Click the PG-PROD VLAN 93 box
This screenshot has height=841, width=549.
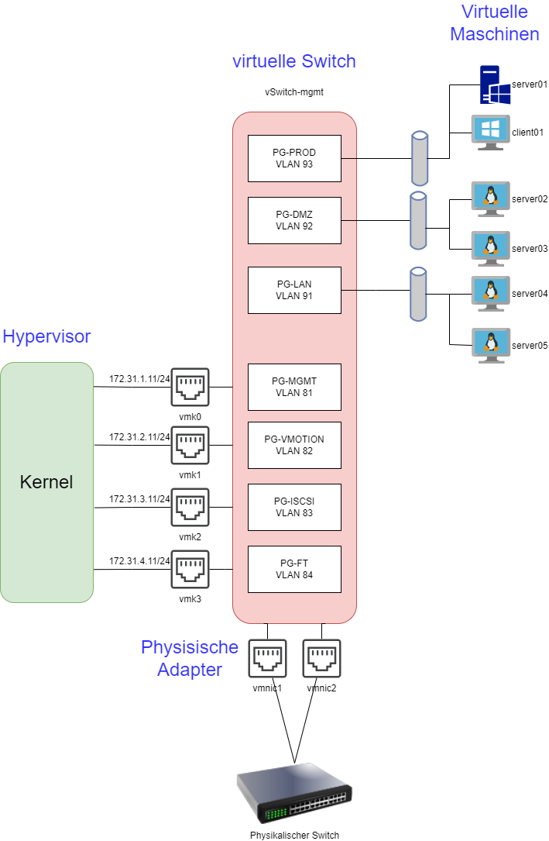pyautogui.click(x=294, y=158)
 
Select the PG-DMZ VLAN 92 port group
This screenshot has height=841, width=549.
pyautogui.click(x=294, y=220)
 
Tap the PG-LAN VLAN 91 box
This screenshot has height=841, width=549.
pyautogui.click(x=294, y=290)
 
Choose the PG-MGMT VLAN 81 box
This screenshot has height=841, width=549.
pyautogui.click(x=294, y=387)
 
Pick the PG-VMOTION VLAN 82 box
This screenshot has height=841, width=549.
pyautogui.click(x=294, y=445)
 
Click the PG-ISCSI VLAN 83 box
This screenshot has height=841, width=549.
pyautogui.click(x=294, y=507)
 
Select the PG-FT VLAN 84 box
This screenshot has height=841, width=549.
pyautogui.click(x=294, y=569)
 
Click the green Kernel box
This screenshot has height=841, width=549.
pyautogui.click(x=46, y=482)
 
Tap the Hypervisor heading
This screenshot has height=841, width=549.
pyautogui.click(x=46, y=336)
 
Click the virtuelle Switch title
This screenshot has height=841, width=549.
pyautogui.click(x=294, y=61)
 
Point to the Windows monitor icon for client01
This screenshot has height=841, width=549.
pyautogui.click(x=491, y=132)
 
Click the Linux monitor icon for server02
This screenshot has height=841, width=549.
pyautogui.click(x=491, y=198)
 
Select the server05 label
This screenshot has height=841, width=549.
pyautogui.click(x=530, y=346)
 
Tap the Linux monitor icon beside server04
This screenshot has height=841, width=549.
pyautogui.click(x=491, y=293)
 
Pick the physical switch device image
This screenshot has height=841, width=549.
pyautogui.click(x=294, y=798)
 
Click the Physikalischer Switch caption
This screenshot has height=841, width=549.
pyautogui.click(x=294, y=836)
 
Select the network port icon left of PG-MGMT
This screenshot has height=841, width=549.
pyautogui.click(x=190, y=387)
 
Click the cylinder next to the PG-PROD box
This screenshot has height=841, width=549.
pyautogui.click(x=419, y=158)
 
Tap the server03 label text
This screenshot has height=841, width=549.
pyautogui.click(x=530, y=249)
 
